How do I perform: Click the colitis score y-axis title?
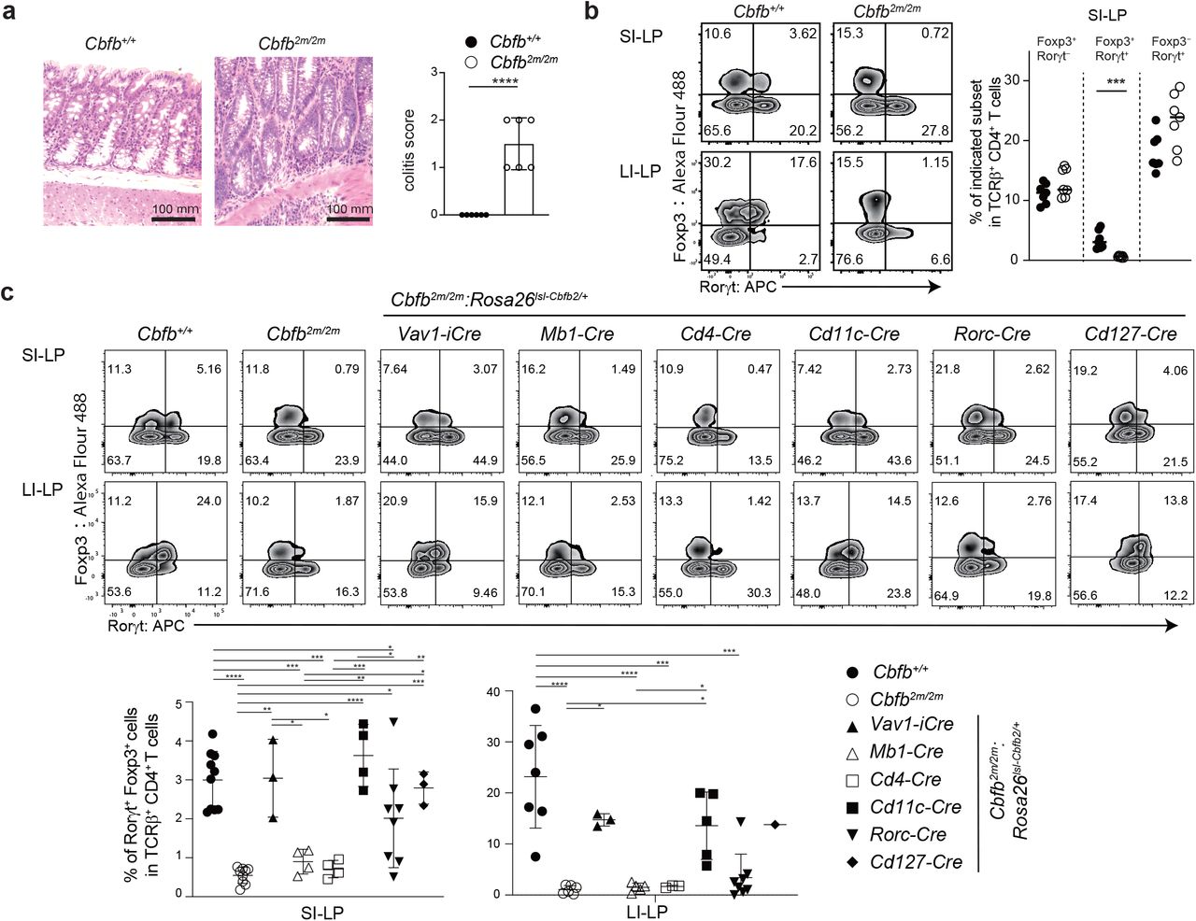tap(409, 143)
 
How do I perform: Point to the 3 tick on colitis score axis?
tap(434, 72)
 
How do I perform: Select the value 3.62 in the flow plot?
tap(802, 34)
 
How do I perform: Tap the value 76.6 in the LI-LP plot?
tap(847, 259)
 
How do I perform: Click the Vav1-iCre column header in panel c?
tap(441, 333)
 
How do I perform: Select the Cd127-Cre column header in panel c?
tap(1131, 333)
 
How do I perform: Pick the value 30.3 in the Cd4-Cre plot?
tap(759, 592)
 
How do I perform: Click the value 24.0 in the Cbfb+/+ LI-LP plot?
tap(208, 501)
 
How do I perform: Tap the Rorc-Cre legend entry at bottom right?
tap(907, 834)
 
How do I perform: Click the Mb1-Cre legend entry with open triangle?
tap(905, 751)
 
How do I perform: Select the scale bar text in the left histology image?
tap(175, 208)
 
